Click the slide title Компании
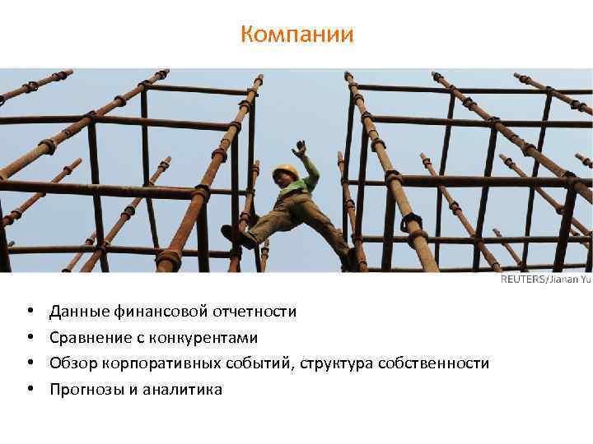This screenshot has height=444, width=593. pyautogui.click(x=296, y=35)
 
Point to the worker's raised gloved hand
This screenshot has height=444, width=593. pyautogui.click(x=301, y=149)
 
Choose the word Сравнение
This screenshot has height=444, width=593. pyautogui.click(x=88, y=338)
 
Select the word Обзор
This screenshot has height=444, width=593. pyautogui.click(x=72, y=363)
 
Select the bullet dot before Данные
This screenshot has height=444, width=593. pyautogui.click(x=30, y=312)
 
